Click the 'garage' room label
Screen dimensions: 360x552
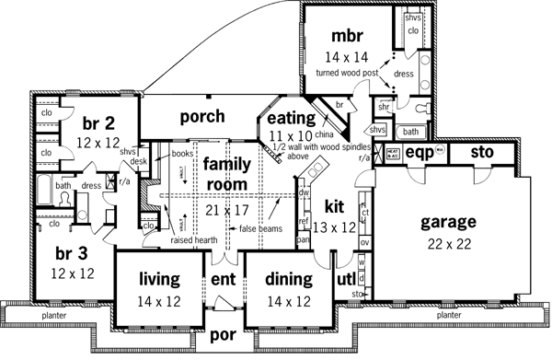click(447, 222)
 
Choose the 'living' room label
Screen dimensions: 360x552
click(158, 278)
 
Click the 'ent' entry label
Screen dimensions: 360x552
click(224, 279)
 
